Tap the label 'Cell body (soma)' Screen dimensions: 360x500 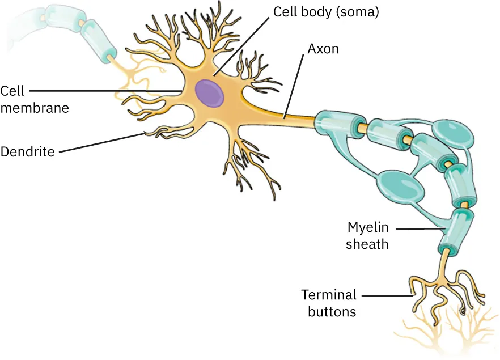tap(325, 11)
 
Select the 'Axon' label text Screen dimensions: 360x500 tap(323, 49)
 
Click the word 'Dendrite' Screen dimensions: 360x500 tap(27, 152)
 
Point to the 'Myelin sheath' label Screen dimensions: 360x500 tap(368, 236)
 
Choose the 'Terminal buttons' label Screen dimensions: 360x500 tap(329, 303)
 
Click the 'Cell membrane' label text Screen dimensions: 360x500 tap(34, 99)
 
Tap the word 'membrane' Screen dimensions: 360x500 tap(34, 108)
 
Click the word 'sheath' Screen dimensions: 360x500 tap(368, 244)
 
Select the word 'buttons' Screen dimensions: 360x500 tap(332, 312)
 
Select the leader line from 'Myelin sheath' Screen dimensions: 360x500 tap(420, 228)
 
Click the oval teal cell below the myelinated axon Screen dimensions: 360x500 tap(400, 186)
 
